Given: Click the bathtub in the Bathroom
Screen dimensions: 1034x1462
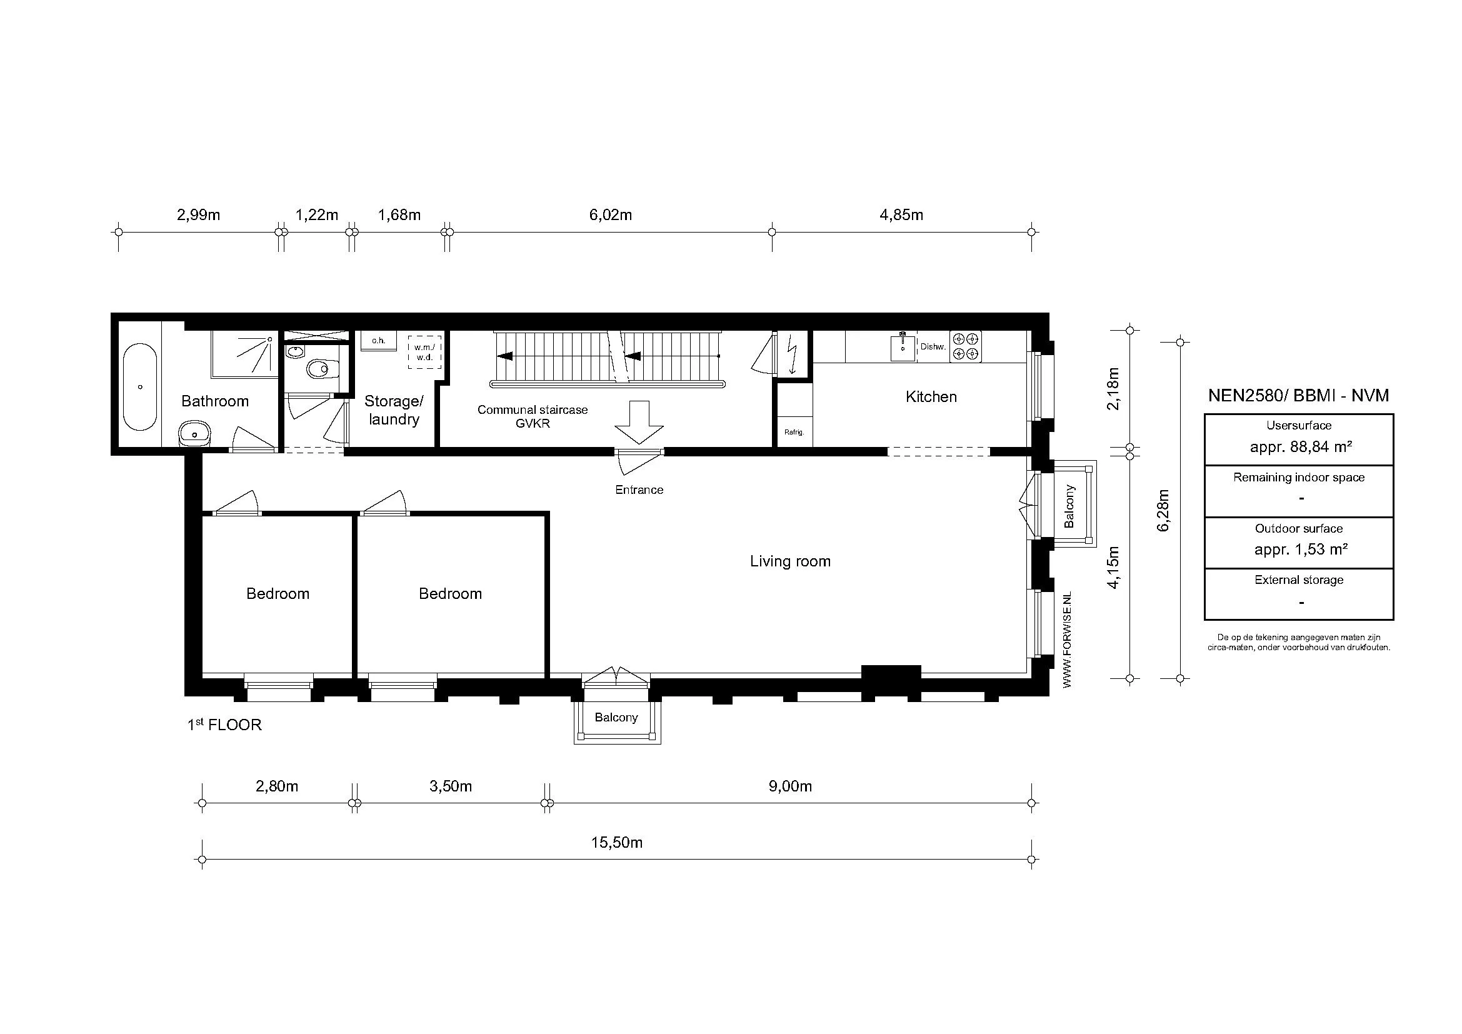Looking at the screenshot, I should point(140,387).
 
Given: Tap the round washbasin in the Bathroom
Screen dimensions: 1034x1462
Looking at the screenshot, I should point(194,434).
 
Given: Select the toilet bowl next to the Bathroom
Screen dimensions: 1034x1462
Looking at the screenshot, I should point(321,369).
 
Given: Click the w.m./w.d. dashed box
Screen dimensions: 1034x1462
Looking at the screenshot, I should point(424,352).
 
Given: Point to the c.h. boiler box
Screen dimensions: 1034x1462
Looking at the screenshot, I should point(378,341).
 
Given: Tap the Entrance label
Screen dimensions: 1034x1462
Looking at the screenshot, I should point(639,489).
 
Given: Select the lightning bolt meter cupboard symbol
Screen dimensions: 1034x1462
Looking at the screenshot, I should point(793,355).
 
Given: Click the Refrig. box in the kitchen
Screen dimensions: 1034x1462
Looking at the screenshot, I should point(794,432).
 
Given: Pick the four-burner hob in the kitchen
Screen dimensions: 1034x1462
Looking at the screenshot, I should point(965,346).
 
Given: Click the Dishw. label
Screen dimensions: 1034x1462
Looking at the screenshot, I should point(933,347).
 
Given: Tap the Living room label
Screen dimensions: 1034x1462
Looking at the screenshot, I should point(789,561).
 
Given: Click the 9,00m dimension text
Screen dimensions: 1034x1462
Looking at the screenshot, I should point(789,786).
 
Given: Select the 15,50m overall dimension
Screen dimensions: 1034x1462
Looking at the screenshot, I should point(616,843).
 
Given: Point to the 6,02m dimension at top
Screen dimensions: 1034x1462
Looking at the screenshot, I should point(610,215).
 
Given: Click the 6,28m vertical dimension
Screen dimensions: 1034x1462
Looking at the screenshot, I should point(1163,510).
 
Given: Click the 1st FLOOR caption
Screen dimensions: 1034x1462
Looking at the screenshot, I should point(224,725).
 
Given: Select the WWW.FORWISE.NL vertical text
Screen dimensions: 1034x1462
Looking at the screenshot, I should point(1068,640).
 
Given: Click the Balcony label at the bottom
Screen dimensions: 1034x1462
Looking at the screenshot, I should point(616,718).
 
